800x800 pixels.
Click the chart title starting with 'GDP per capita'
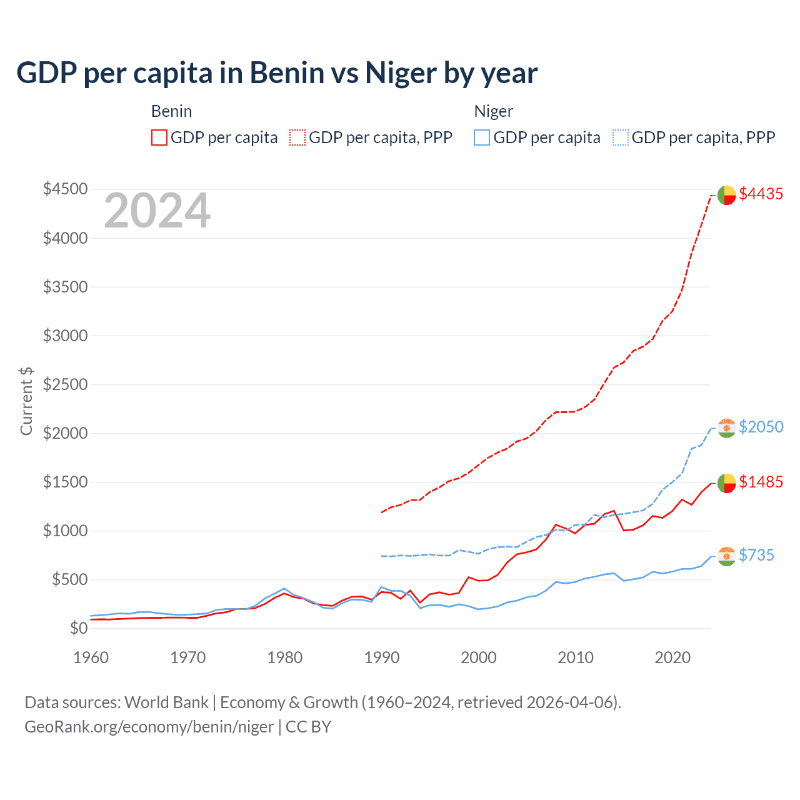click(x=277, y=73)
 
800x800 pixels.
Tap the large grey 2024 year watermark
click(x=157, y=211)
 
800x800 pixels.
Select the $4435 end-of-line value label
click(x=761, y=194)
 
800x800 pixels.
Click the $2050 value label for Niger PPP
click(x=761, y=427)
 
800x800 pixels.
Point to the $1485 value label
click(x=761, y=482)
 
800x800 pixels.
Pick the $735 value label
click(x=756, y=555)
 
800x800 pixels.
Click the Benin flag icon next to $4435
click(x=726, y=195)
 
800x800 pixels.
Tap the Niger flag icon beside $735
click(x=726, y=556)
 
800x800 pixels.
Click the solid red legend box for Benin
click(x=159, y=137)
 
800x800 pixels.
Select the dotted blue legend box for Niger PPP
click(x=621, y=137)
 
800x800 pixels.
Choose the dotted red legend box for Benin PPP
click(x=298, y=137)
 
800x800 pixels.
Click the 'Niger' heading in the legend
click(x=493, y=111)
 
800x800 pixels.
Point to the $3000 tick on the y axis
click(x=65, y=336)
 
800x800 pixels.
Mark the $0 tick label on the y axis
click(x=78, y=628)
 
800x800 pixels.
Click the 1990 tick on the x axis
click(x=382, y=657)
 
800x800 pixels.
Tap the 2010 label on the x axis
click(x=576, y=657)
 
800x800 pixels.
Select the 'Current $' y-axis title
click(x=26, y=401)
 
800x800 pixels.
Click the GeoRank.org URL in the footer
click(x=149, y=727)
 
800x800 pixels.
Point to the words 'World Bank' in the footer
click(x=166, y=702)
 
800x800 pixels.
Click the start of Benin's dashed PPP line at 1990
click(x=382, y=512)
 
